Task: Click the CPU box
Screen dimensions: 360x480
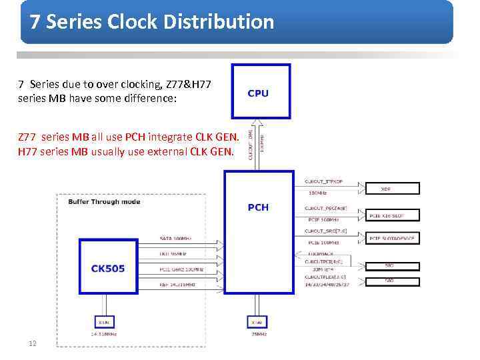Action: point(260,91)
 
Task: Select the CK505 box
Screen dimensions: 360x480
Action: point(109,269)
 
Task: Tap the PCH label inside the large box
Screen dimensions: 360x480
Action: point(258,207)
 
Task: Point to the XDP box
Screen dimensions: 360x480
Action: point(385,189)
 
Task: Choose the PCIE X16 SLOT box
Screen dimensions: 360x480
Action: point(393,216)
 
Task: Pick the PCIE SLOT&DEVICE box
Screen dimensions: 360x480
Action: point(393,237)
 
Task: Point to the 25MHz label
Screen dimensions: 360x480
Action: point(257,335)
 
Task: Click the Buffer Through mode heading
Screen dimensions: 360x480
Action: point(104,201)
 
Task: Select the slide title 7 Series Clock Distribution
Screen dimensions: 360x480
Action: point(152,22)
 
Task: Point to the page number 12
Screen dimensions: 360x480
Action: point(31,344)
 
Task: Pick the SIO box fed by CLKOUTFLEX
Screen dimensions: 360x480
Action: point(389,281)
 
